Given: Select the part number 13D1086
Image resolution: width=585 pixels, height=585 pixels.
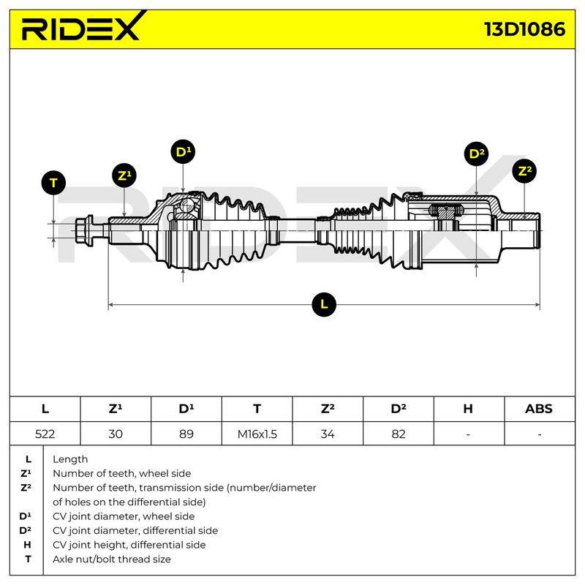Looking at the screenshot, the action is click(x=524, y=29).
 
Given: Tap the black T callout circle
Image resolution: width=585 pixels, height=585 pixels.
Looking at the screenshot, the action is click(x=53, y=183).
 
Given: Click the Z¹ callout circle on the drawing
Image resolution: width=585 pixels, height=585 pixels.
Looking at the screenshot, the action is click(x=124, y=175).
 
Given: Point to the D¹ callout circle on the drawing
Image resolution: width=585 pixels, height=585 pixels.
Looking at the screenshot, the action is click(x=183, y=152).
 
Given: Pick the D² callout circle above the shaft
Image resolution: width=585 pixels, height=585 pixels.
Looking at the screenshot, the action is click(x=477, y=154).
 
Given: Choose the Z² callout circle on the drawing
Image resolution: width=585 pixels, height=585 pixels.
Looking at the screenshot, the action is click(x=524, y=171).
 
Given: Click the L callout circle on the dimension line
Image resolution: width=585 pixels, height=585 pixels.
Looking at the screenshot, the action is click(x=324, y=304).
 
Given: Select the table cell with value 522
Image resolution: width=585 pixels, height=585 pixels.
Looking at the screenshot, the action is click(x=45, y=434).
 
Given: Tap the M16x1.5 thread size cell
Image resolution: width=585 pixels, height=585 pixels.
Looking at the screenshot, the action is click(x=257, y=434).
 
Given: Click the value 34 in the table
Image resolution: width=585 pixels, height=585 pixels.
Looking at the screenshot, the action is click(x=328, y=434).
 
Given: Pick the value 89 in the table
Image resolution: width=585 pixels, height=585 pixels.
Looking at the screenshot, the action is click(x=186, y=434).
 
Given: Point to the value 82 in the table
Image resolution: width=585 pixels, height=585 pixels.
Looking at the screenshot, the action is click(x=399, y=434).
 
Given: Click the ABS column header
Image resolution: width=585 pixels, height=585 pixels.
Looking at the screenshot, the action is click(x=539, y=409).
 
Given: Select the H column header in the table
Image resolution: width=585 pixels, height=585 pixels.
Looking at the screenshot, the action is click(x=468, y=409).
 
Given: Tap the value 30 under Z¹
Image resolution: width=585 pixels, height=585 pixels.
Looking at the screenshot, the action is click(x=116, y=434).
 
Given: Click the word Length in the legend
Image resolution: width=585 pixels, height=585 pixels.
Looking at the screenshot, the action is click(x=70, y=459).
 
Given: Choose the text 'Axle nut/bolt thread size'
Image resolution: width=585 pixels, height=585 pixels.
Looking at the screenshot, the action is click(x=112, y=559).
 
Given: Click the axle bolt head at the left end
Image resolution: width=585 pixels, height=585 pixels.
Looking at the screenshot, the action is click(x=84, y=230).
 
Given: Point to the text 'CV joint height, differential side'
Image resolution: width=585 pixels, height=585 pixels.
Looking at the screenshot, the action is click(x=129, y=545).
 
